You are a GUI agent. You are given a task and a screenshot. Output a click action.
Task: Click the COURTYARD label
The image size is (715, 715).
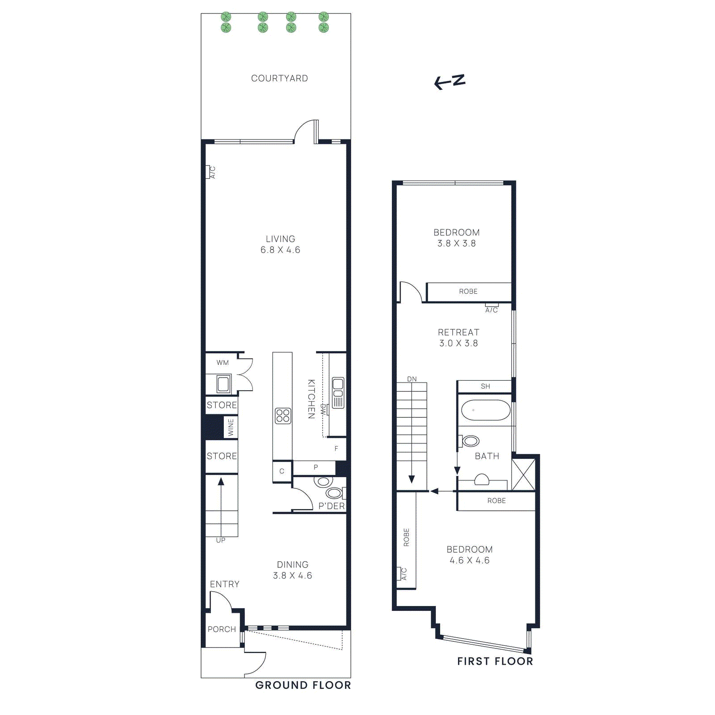(x=279, y=78)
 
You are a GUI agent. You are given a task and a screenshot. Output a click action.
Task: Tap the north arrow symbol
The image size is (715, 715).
(x=450, y=82)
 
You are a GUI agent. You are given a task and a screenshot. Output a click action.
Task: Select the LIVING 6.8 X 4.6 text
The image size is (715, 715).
(x=280, y=244)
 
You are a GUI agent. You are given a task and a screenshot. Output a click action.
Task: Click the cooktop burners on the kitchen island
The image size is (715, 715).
(x=282, y=416)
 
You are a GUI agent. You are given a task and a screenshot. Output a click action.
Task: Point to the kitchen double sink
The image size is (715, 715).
(x=338, y=392)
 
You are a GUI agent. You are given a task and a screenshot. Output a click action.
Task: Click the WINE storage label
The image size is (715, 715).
(x=231, y=427)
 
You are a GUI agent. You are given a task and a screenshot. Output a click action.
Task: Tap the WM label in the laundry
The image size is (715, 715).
(x=223, y=362)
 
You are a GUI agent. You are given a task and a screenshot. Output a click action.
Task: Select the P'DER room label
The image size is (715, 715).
(x=331, y=506)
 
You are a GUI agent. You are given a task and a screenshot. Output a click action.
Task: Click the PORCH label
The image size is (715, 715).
(x=222, y=629)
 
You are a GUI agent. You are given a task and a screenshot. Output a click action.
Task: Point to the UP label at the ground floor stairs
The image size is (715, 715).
(x=221, y=540)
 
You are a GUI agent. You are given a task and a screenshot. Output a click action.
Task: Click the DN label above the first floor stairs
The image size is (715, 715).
(x=412, y=379)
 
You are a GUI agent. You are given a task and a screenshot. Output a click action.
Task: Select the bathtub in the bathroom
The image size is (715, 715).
(x=485, y=410)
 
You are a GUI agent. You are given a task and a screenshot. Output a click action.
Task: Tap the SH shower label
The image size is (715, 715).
(x=485, y=386)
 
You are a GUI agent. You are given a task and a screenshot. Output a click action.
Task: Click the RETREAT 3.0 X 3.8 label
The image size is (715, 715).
(x=458, y=338)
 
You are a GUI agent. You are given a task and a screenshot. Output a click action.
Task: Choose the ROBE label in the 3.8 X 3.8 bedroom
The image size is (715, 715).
(x=468, y=291)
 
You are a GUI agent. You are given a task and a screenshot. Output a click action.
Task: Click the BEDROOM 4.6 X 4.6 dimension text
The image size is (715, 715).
(x=469, y=560)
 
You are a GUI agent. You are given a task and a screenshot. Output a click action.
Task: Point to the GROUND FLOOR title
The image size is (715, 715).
(x=303, y=685)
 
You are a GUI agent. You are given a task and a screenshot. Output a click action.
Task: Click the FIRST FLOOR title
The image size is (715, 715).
(x=495, y=661)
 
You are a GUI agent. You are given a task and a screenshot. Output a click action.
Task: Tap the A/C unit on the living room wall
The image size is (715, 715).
(x=208, y=172)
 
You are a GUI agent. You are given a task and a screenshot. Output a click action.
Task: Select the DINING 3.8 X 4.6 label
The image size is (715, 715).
(x=293, y=570)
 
